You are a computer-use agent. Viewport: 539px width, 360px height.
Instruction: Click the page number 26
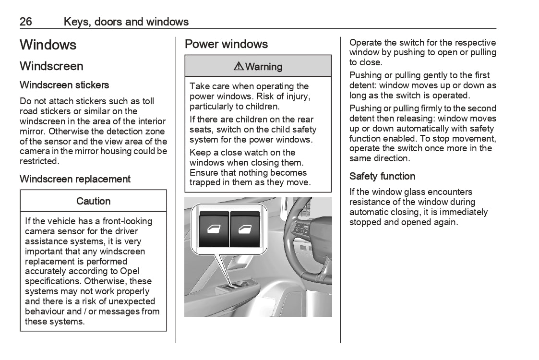click(26, 22)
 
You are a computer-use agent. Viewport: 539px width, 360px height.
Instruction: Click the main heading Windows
click(48, 45)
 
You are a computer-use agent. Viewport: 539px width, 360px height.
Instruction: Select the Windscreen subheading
click(51, 66)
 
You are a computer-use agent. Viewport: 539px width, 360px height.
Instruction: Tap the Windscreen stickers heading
click(64, 85)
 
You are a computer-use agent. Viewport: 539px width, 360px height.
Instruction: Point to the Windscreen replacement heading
click(75, 179)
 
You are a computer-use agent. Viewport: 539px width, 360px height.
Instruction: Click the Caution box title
click(94, 201)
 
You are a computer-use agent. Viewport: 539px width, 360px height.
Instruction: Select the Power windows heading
click(227, 44)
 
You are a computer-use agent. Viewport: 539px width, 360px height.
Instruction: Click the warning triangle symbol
click(239, 67)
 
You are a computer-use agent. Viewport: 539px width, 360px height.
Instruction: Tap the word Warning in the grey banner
click(264, 67)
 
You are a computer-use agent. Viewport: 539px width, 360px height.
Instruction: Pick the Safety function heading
click(383, 176)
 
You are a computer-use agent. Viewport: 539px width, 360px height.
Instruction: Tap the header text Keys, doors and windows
click(126, 22)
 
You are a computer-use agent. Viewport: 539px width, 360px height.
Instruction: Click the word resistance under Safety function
click(370, 202)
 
